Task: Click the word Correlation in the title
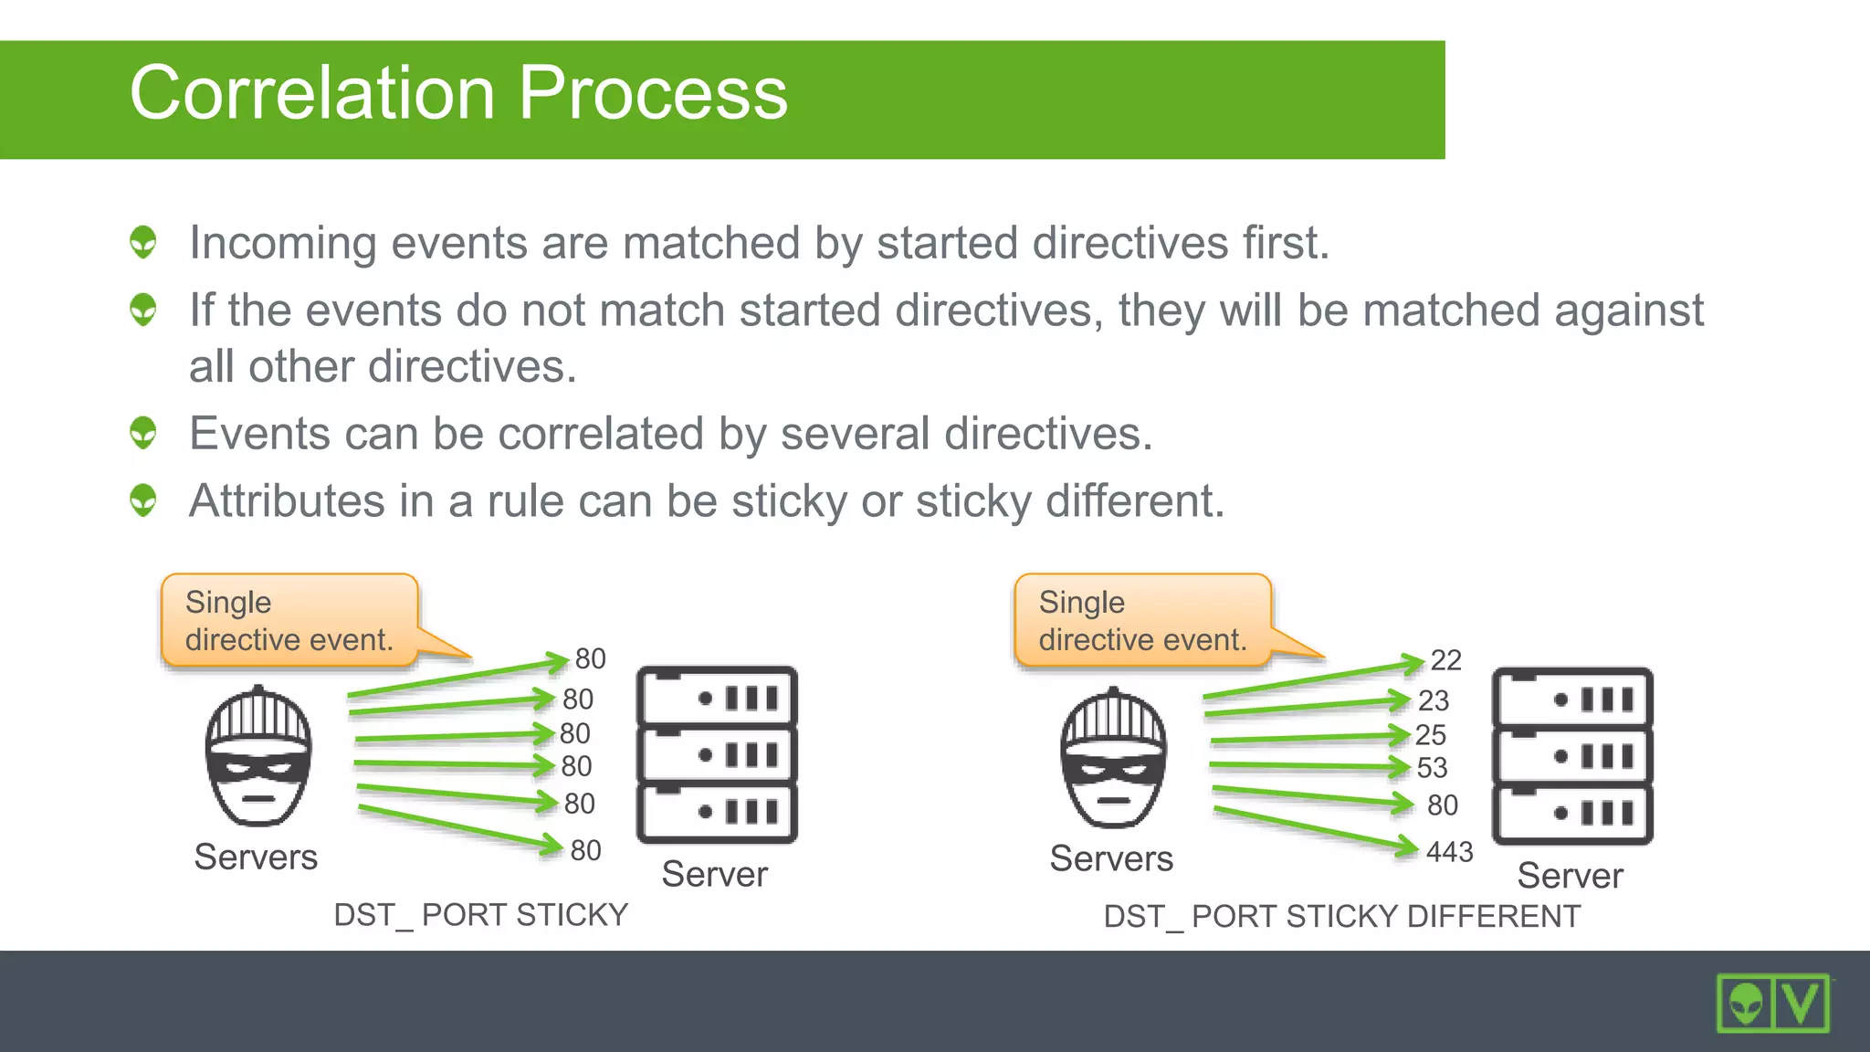pos(312,94)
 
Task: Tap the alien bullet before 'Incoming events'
pos(143,242)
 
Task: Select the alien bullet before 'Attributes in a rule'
pos(143,500)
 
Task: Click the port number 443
pos(1449,852)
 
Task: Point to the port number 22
pos(1445,660)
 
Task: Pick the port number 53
pos(1432,768)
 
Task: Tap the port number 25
pos(1431,735)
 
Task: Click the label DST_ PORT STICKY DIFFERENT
pos(1341,916)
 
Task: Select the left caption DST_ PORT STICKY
pos(480,914)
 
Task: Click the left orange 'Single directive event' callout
pos(289,620)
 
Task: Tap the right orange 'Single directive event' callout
pos(1142,620)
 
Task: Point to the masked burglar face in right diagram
pos(1113,758)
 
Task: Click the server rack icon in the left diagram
pos(717,754)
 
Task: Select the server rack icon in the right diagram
pos(1571,756)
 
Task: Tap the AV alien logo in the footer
pos(1772,1003)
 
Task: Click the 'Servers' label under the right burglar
pos(1110,858)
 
